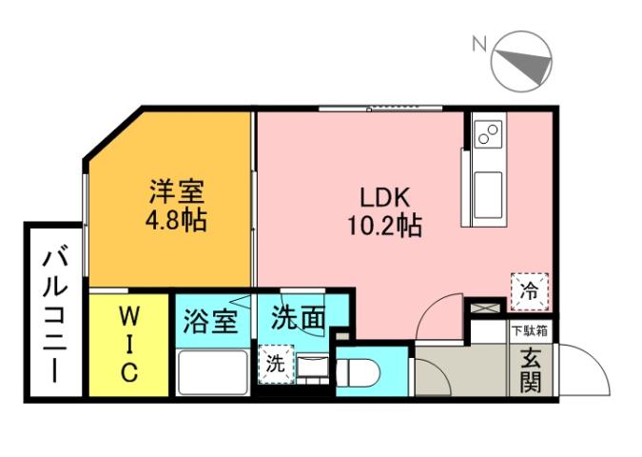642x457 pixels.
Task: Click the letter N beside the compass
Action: coord(479,43)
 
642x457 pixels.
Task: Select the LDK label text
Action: coord(384,198)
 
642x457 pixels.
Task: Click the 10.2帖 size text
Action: coord(384,227)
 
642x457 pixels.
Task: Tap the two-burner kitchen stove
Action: coord(489,134)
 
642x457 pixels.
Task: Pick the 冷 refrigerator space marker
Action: coord(529,291)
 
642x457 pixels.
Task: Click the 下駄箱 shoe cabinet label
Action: coord(530,331)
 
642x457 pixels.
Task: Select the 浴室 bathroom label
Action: coord(210,321)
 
